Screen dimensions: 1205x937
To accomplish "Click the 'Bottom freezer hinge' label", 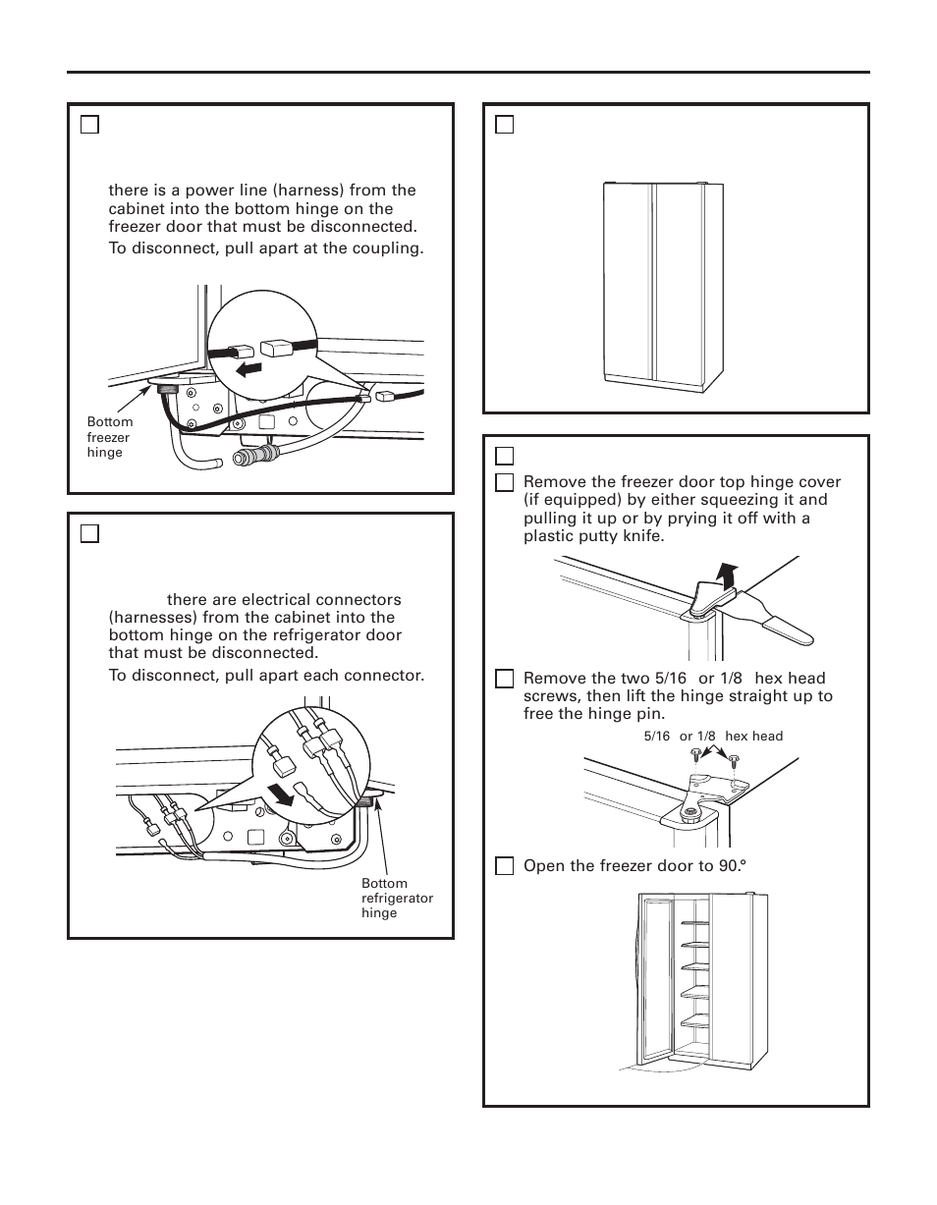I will (x=109, y=437).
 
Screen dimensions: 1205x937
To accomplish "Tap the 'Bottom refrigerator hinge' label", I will (x=397, y=898).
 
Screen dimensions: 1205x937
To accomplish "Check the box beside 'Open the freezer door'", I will (x=504, y=866).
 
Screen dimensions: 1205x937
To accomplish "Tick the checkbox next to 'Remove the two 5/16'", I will (x=504, y=679).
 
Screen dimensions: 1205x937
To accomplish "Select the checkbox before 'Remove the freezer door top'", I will (x=504, y=482).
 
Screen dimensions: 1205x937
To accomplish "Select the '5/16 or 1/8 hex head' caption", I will (x=713, y=737).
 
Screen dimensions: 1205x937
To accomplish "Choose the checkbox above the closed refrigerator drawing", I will (x=504, y=124).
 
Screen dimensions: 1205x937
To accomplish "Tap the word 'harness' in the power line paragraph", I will (x=320, y=191).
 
